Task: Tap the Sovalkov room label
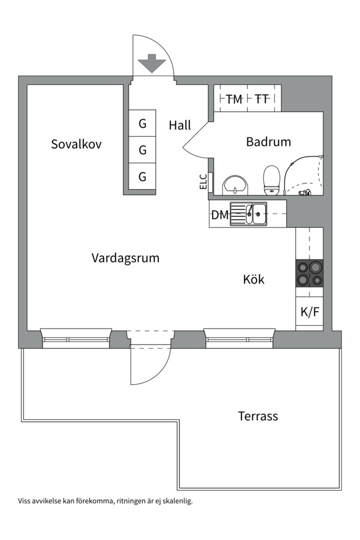(x=76, y=144)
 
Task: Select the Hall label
(x=180, y=125)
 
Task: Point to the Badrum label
(x=268, y=142)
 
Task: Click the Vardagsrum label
(x=125, y=258)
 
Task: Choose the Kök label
(x=253, y=279)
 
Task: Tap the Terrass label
(x=257, y=416)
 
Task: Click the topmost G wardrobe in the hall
(x=142, y=123)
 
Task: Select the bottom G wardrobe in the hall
(x=142, y=176)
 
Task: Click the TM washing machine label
(x=233, y=99)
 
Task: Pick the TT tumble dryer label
(x=261, y=99)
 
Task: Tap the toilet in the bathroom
(x=271, y=179)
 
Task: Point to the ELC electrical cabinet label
(x=203, y=181)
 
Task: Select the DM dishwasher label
(x=219, y=215)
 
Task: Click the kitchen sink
(x=248, y=214)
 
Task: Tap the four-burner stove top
(x=309, y=273)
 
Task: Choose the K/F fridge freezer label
(x=309, y=312)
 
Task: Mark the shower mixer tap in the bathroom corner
(x=304, y=192)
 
